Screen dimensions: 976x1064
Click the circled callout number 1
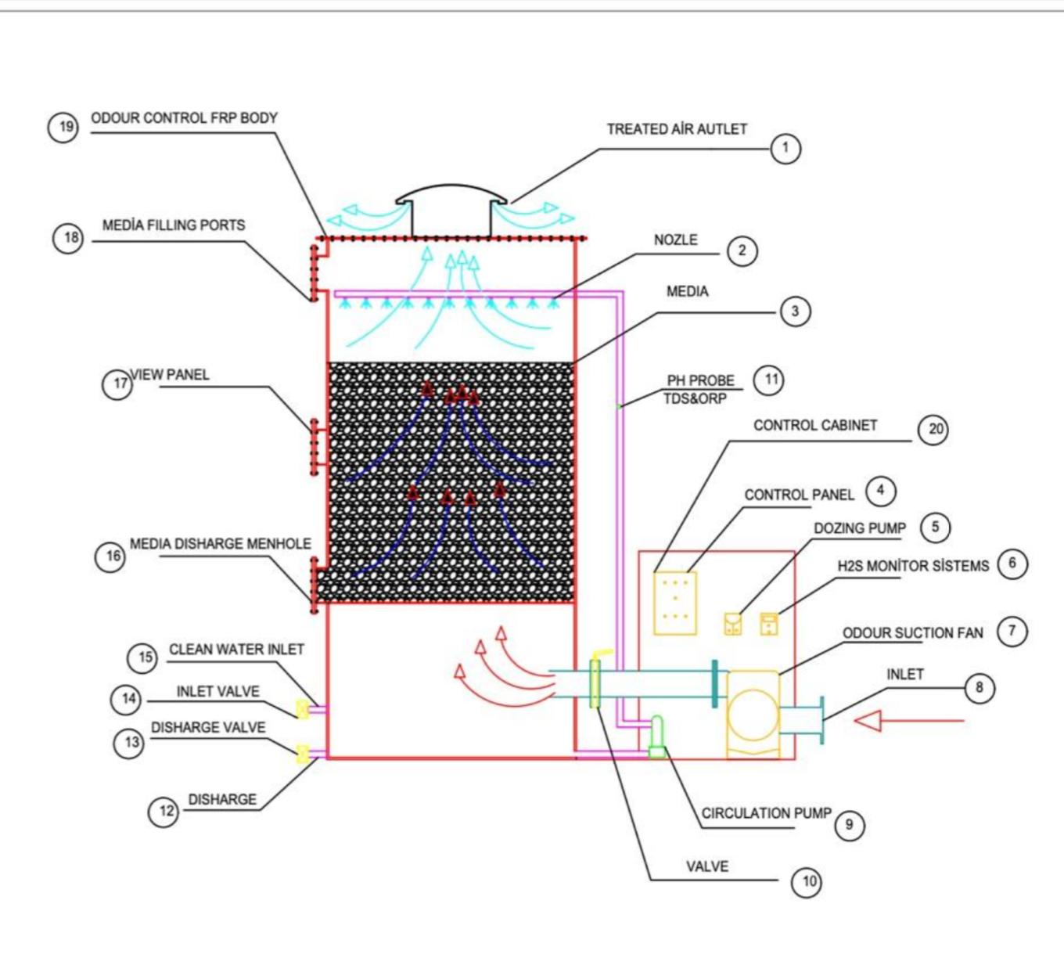pos(785,148)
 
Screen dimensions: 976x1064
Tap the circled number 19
pos(63,127)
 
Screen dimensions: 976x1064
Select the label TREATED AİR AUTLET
pos(677,129)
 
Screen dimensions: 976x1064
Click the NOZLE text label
pos(675,240)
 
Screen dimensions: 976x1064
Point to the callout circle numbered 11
pos(768,380)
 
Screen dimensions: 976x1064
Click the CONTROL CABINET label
pos(815,425)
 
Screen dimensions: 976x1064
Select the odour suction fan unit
pos(753,714)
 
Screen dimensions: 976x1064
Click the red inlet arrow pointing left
pos(908,720)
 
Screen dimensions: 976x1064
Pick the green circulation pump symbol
pos(656,739)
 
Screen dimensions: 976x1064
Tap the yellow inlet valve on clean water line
pos(303,710)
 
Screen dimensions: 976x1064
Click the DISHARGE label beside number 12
pos(222,799)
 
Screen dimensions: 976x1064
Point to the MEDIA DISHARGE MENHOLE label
pos(220,544)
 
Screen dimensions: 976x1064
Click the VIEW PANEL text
pos(170,375)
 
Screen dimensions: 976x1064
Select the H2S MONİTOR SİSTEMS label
pos(913,566)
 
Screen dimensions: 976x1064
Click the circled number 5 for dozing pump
pos(935,527)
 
